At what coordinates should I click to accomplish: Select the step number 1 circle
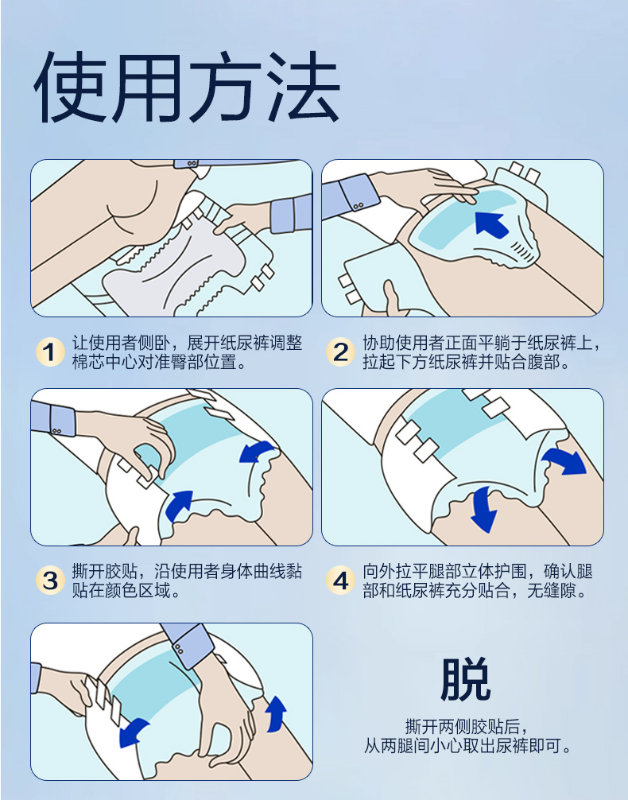[x=50, y=352]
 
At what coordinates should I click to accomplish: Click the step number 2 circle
[x=340, y=352]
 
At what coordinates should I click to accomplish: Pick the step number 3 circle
[x=50, y=581]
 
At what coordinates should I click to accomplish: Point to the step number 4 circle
[x=340, y=581]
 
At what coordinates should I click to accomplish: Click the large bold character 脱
[x=465, y=679]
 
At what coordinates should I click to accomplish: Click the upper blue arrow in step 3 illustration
[x=257, y=452]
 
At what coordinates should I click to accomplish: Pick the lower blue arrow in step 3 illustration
[x=179, y=505]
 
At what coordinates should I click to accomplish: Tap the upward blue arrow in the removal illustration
[x=276, y=713]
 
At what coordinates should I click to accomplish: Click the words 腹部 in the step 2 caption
[x=542, y=362]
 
